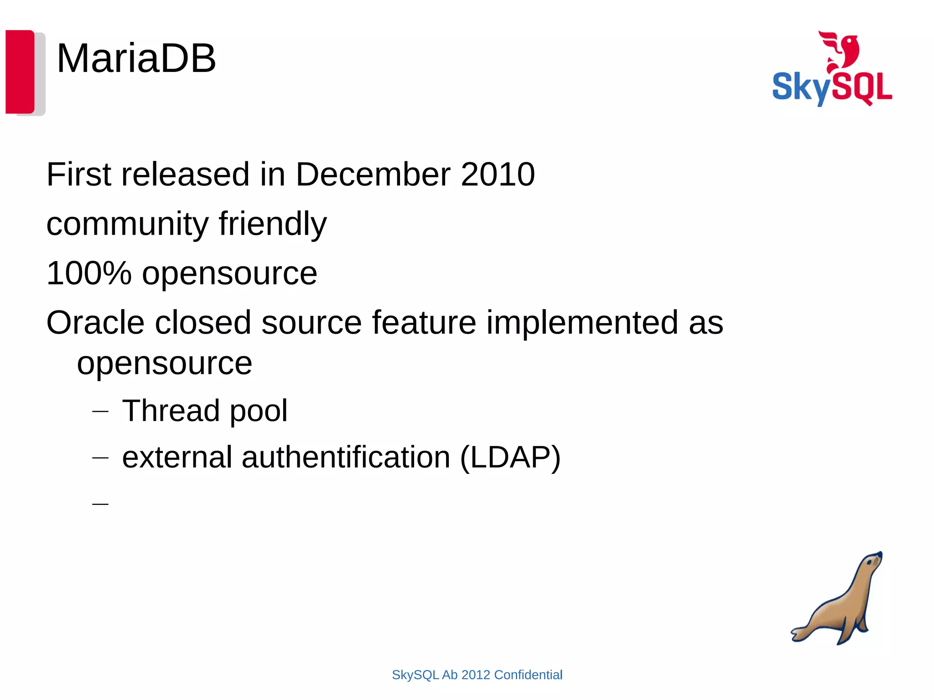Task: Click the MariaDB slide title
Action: point(136,58)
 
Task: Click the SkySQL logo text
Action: point(832,87)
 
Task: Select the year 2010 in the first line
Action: point(498,175)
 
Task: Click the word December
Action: point(373,175)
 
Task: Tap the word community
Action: point(127,224)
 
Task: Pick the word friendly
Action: point(272,224)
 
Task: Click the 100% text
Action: point(89,273)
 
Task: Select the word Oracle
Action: point(95,323)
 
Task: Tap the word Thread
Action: point(171,411)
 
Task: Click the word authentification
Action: point(346,457)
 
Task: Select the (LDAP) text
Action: point(510,457)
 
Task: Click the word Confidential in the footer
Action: point(528,675)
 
